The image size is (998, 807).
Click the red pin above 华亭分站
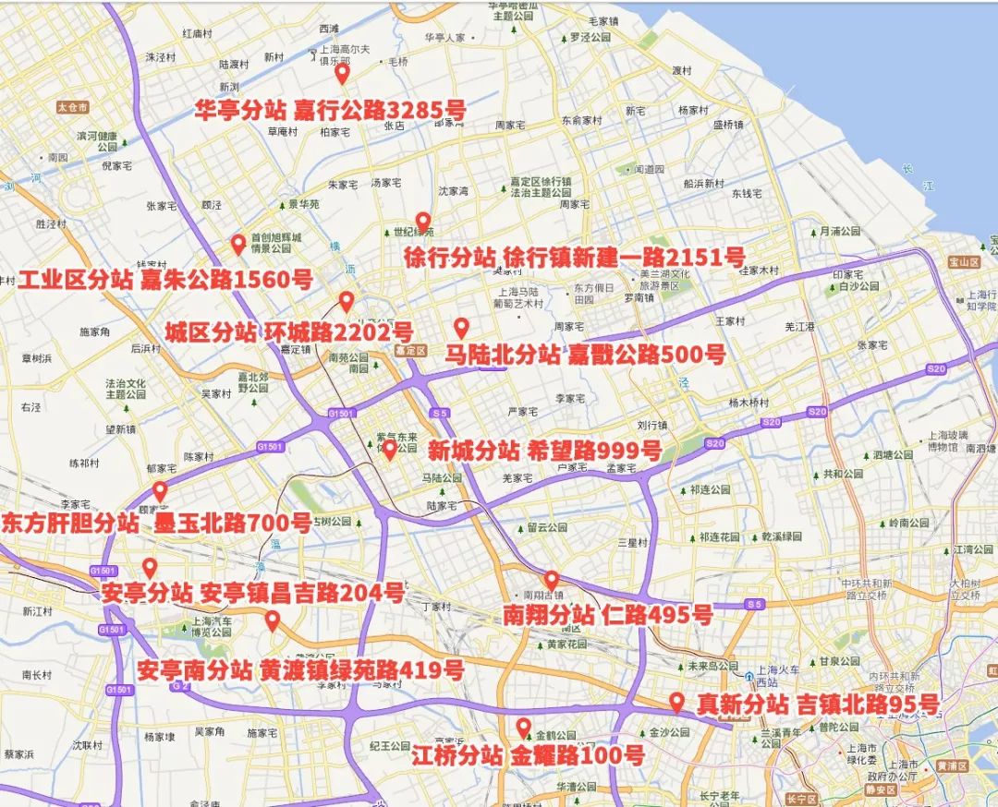tap(342, 73)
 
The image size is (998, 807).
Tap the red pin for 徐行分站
tap(422, 221)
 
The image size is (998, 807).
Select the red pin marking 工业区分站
tap(237, 244)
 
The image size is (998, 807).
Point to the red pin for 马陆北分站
tap(461, 327)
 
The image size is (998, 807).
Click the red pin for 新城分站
tap(389, 449)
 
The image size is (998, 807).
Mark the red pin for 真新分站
tap(676, 702)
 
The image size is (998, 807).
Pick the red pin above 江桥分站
tap(523, 727)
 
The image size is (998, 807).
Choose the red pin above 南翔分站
tap(551, 579)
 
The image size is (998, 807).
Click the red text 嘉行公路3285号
tap(380, 110)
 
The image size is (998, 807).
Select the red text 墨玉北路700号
tap(232, 523)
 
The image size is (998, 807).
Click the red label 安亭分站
tap(146, 593)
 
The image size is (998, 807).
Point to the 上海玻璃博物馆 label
tap(945, 440)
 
